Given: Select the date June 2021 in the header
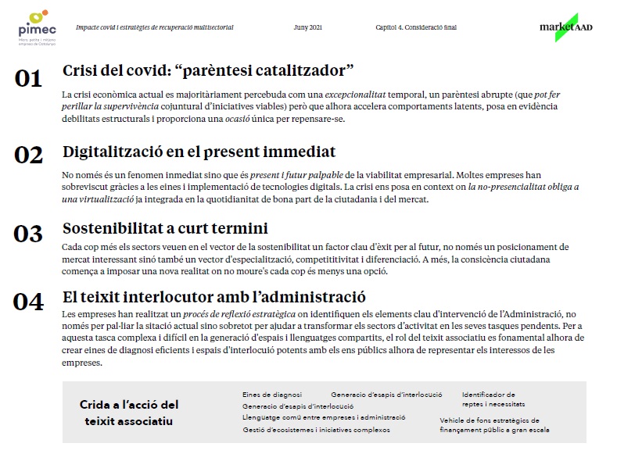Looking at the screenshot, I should [x=307, y=27].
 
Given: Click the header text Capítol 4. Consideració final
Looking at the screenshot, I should [x=416, y=27].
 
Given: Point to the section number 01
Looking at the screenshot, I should [x=28, y=79].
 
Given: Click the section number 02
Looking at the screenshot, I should [x=28, y=155].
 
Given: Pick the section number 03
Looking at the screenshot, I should [x=28, y=233].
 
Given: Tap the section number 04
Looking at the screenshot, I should [x=28, y=302].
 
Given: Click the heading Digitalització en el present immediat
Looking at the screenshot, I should [x=199, y=151].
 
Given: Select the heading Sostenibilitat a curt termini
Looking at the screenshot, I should [x=165, y=228].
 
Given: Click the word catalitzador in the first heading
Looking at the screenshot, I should [x=296, y=70].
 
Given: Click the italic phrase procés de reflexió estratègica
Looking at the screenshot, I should [x=232, y=313].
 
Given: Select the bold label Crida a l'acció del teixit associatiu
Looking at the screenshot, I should [x=129, y=413].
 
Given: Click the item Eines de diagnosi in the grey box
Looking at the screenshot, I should [x=271, y=395].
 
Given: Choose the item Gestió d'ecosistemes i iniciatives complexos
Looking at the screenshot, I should [x=316, y=430].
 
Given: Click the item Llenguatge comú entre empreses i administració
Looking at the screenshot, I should [x=324, y=418].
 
